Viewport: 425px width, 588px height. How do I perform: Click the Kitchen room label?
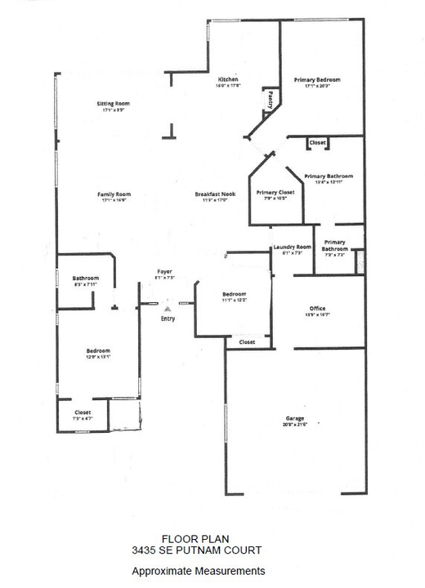click(227, 79)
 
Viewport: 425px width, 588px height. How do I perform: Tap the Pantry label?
click(270, 100)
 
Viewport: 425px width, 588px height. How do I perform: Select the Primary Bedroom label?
click(322, 79)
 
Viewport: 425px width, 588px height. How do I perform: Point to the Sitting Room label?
click(114, 104)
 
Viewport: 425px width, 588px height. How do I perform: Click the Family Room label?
click(114, 194)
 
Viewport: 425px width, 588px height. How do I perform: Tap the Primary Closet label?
click(275, 192)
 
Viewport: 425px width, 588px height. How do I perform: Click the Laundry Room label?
click(293, 247)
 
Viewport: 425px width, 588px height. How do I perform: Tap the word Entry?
click(168, 318)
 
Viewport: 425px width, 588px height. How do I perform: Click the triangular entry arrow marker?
click(168, 309)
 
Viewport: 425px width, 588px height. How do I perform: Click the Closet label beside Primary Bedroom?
click(318, 143)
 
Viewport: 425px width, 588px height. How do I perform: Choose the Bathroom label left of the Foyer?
click(86, 278)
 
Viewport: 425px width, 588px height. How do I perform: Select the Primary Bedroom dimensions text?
click(322, 85)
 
